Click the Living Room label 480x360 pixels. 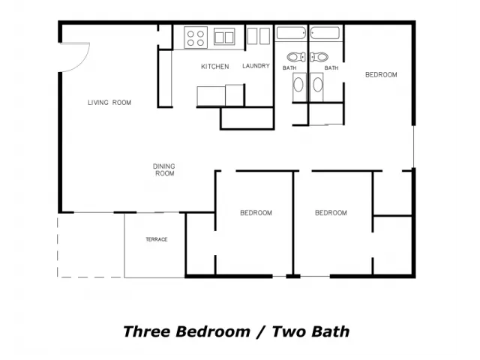[109, 103]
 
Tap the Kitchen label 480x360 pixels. [215, 67]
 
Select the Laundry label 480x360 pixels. [256, 66]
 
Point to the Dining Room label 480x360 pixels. [164, 170]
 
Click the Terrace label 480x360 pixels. [157, 239]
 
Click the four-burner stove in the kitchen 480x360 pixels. [196, 37]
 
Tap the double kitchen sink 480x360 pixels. [224, 37]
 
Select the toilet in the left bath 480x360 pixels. [296, 57]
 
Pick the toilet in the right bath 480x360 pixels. [319, 57]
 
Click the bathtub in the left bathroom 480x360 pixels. [291, 33]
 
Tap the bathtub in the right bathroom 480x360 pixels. [325, 33]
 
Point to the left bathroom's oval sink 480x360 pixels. [298, 85]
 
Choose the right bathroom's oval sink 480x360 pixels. [317, 85]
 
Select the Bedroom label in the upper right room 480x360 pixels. [381, 75]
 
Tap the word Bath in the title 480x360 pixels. [332, 331]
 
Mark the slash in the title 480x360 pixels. [261, 331]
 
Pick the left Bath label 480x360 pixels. [289, 68]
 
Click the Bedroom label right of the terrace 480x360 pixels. [256, 213]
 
